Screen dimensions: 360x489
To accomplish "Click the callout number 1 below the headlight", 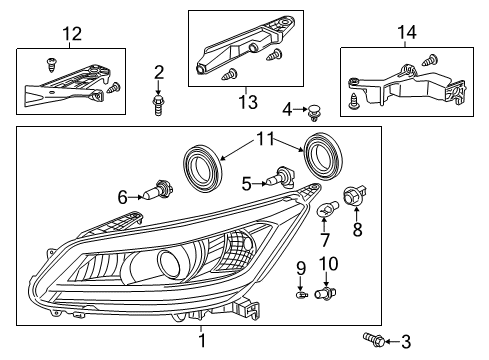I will (x=200, y=341).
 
